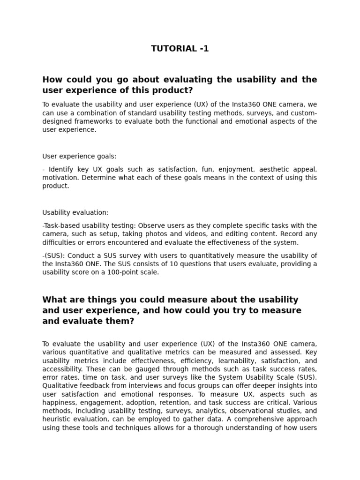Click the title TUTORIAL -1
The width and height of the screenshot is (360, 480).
coord(180,49)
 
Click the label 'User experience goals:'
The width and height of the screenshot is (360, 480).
coord(79,156)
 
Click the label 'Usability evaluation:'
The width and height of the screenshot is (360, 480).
coord(75,212)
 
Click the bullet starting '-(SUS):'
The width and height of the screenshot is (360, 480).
coord(54,255)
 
